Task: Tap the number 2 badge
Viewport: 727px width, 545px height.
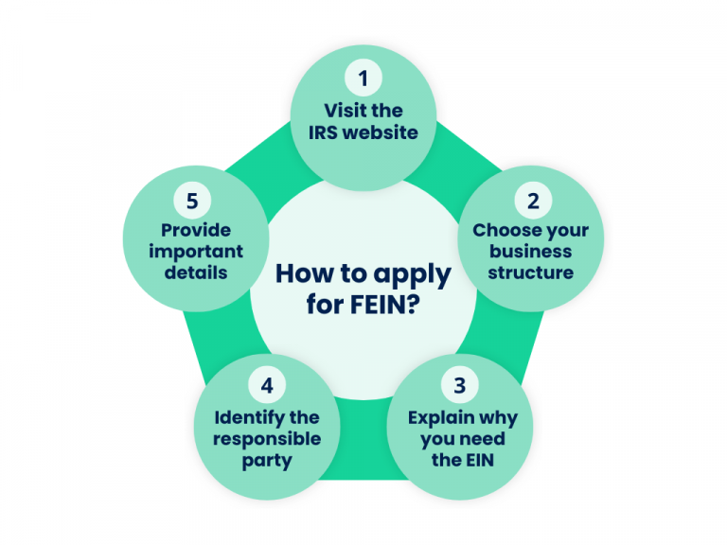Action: click(x=533, y=202)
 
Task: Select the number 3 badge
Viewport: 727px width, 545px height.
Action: click(x=460, y=385)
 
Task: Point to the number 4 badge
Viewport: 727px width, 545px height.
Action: click(x=266, y=386)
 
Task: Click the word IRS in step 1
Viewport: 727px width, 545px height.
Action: click(x=323, y=132)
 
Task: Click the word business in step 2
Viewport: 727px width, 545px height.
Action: click(x=531, y=252)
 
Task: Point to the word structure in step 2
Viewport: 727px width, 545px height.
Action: click(x=531, y=272)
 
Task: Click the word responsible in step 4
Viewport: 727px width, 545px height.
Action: click(x=266, y=438)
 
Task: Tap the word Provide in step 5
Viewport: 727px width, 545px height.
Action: click(x=195, y=230)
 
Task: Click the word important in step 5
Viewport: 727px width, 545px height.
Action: click(x=195, y=252)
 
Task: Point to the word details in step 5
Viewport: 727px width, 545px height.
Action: click(x=195, y=272)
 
